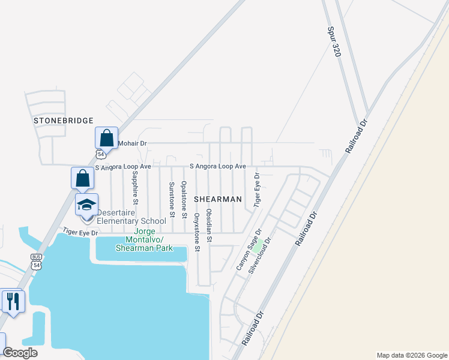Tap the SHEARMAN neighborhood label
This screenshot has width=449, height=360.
(217, 199)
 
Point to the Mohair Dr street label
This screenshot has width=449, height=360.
(133, 144)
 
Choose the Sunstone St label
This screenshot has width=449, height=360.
(171, 199)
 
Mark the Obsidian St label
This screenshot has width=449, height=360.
(209, 226)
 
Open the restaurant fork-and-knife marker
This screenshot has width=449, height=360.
(13, 300)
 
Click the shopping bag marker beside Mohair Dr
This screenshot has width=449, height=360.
(106, 138)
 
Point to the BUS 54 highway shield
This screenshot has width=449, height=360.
(37, 262)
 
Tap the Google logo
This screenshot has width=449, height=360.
(20, 353)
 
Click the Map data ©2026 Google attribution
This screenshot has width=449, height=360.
(412, 355)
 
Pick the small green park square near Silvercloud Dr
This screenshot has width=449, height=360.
(258, 245)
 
